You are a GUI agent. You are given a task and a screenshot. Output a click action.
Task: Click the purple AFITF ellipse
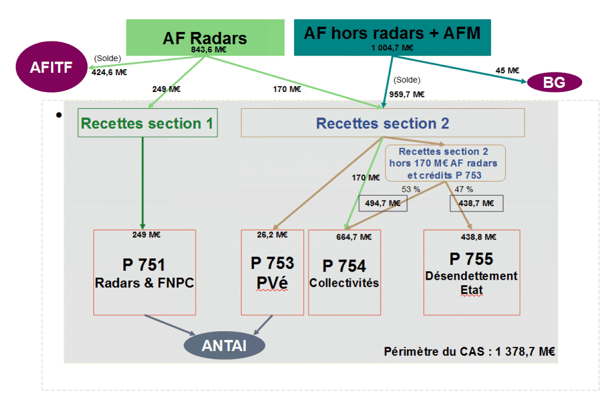point(51,67)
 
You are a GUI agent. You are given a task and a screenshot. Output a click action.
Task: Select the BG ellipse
point(554,83)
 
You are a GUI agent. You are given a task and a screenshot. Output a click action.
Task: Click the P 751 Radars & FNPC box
point(144,272)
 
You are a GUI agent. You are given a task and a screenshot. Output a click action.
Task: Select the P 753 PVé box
point(272,272)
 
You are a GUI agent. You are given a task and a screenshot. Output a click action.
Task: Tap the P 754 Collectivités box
point(344,272)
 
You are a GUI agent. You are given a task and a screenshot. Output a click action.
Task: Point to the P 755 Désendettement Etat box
point(471,272)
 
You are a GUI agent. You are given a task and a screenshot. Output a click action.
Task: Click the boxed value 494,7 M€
point(383,204)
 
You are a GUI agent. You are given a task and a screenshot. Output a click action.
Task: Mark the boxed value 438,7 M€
point(476,204)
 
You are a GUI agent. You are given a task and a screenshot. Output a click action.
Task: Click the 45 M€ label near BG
point(507,71)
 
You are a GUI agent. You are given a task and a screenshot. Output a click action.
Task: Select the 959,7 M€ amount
point(407,94)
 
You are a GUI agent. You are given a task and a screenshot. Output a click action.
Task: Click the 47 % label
point(464,188)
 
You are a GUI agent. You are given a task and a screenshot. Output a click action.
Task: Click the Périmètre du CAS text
point(469,352)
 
